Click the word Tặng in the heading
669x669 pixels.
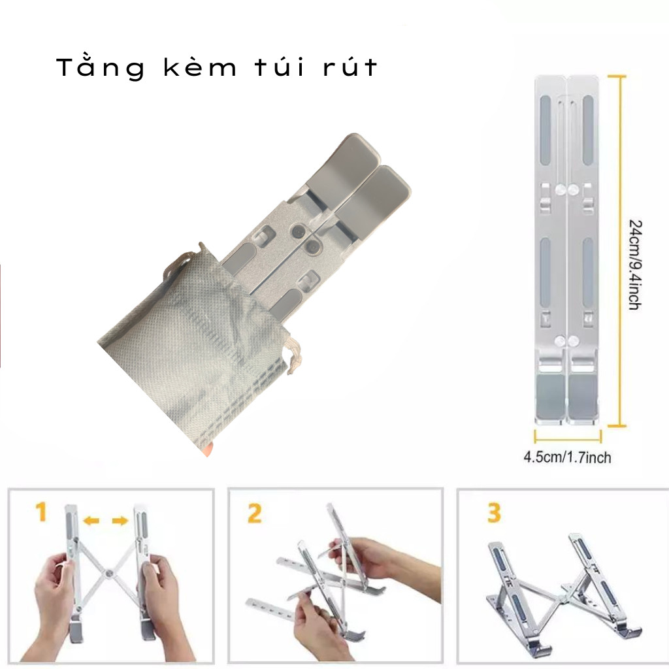point(101,67)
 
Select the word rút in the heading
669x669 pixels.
point(350,67)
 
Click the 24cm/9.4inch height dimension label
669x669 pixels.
point(635,265)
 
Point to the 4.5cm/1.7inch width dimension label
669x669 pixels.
point(567,458)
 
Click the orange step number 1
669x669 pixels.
point(41,512)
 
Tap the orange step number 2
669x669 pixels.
point(254,514)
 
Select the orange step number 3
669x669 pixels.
point(494,514)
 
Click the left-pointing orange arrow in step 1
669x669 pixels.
point(91,520)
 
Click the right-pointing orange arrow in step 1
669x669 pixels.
point(120,521)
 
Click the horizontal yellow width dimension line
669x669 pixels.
point(568,437)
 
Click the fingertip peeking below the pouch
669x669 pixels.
point(208,449)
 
